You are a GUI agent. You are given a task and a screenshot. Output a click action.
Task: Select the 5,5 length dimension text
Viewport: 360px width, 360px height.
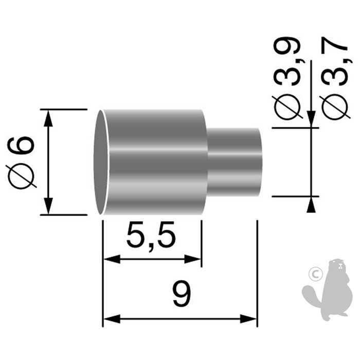click(151, 238)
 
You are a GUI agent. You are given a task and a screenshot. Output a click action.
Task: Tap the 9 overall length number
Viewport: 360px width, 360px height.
click(181, 295)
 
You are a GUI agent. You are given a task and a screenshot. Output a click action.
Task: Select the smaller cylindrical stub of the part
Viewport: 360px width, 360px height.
click(234, 161)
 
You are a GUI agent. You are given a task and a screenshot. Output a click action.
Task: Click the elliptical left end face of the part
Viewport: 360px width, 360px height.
click(101, 161)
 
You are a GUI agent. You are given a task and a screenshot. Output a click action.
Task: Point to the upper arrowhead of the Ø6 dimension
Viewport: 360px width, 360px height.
click(48, 117)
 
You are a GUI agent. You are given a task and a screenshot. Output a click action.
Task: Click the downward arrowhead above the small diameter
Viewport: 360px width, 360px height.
click(311, 120)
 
